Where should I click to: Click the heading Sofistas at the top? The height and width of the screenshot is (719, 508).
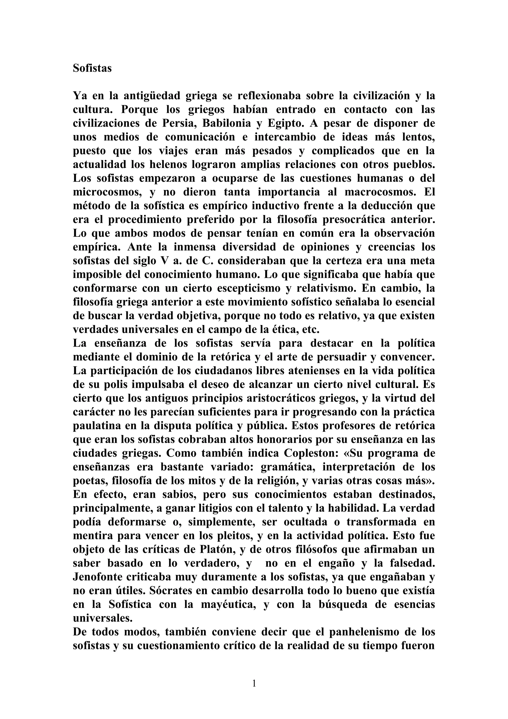click(92, 68)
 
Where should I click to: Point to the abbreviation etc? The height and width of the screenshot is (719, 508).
click(312, 329)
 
